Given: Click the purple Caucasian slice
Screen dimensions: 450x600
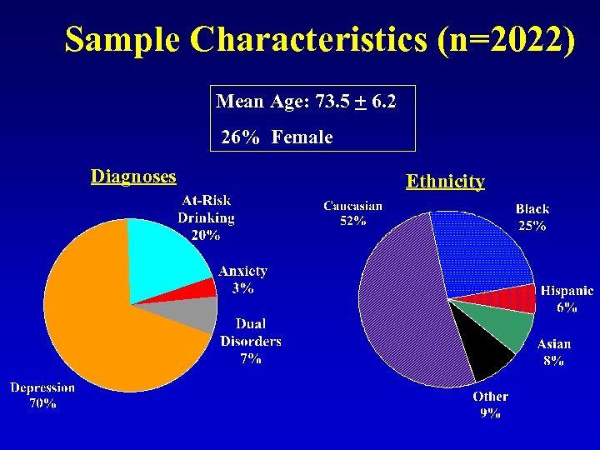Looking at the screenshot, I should pos(400,308).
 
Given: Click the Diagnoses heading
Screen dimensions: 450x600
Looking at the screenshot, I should pos(133,176).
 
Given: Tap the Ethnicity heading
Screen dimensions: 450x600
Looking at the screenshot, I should pos(445,181).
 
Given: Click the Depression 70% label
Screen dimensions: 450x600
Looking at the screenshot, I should pos(42,395).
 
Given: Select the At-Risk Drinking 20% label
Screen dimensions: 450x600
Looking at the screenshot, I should pos(206,217).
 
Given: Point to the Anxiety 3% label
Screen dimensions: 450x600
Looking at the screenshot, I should pos(242,280).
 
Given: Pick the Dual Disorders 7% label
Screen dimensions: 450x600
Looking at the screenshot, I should pos(251,341).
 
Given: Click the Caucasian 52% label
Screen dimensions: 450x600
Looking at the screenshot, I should pos(353,213).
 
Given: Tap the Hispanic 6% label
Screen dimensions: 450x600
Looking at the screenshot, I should pos(567,298).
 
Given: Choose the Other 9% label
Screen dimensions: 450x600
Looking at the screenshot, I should pos(490,404).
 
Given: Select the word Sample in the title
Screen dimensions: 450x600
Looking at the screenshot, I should pos(122,40).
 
